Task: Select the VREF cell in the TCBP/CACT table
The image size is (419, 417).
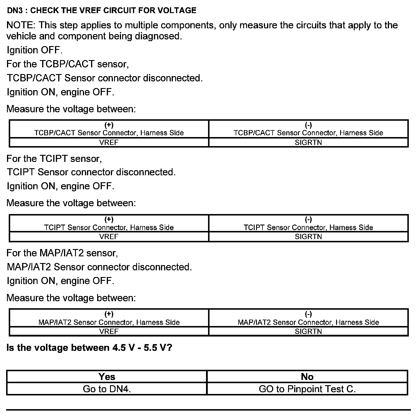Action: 109,142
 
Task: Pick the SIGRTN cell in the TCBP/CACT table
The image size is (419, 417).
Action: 308,142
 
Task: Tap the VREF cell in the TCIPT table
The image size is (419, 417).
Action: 109,236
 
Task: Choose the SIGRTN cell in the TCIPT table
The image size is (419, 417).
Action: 308,236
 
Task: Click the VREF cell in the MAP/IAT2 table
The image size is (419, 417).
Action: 109,331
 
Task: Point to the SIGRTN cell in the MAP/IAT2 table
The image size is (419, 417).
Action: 308,331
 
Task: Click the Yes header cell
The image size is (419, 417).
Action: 107,376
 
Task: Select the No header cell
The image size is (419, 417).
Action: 307,376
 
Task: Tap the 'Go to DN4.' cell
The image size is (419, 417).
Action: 107,389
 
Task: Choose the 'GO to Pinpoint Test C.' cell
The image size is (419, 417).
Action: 307,389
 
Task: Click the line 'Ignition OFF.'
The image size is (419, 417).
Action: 34,50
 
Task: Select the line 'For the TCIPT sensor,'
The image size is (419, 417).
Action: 54,159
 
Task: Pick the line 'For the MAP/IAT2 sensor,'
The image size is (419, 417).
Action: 62,253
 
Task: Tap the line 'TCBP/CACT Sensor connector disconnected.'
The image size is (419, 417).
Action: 104,78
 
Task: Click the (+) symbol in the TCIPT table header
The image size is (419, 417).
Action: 109,219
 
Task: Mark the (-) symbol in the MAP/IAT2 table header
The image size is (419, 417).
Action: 308,314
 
